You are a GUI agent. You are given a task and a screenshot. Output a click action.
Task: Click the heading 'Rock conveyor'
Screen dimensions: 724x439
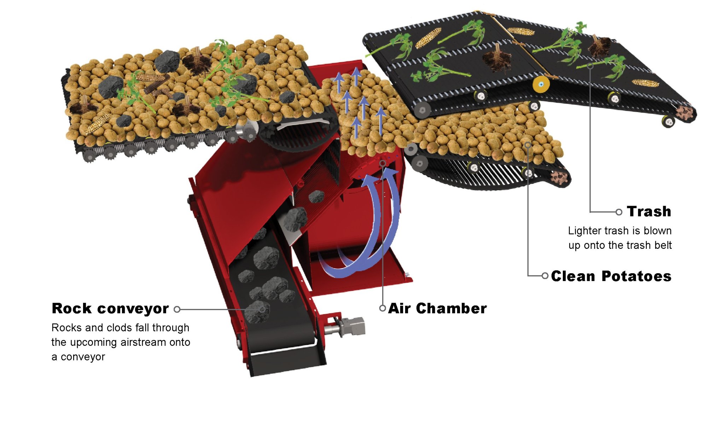coord(110,309)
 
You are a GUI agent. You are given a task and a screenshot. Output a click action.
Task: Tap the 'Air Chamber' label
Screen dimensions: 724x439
coord(438,309)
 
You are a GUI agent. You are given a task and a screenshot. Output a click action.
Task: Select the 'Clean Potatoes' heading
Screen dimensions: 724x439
coord(611,276)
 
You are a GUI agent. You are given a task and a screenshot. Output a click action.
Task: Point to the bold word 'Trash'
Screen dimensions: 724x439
coord(649,211)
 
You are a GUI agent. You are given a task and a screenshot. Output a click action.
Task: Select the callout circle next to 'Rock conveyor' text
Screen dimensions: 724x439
coord(177,310)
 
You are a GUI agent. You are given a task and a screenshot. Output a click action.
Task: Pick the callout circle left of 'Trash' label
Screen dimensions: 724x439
coord(619,212)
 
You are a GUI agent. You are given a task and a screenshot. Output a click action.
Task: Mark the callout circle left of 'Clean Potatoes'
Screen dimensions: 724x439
coord(545,276)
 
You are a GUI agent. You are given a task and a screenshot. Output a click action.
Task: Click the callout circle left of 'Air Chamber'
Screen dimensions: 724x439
coord(383,308)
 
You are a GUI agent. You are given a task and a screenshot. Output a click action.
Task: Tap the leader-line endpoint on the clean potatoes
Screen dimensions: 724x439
coord(527,145)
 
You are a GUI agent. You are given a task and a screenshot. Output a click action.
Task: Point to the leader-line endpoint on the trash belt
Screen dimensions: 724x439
coord(590,66)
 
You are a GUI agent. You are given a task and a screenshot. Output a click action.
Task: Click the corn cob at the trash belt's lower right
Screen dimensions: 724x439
coord(646,83)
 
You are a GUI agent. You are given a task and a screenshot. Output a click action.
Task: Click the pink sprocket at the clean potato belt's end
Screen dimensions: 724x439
coord(559,177)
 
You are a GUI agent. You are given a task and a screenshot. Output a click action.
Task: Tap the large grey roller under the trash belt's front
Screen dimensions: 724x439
coord(422,110)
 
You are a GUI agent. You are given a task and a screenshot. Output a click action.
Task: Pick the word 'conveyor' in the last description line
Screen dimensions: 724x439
coord(83,357)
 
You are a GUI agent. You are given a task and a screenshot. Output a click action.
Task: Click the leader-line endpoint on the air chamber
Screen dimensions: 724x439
coord(383,163)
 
